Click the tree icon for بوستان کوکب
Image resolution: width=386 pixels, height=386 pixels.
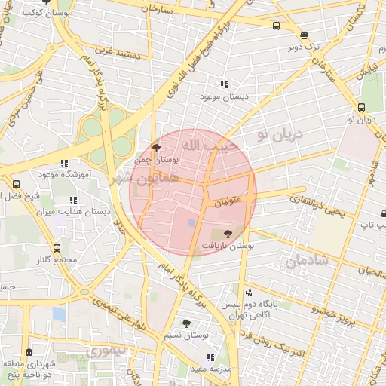tap(47, 3)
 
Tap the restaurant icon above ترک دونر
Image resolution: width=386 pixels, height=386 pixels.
tap(304, 35)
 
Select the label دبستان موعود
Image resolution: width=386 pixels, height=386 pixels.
tap(224, 97)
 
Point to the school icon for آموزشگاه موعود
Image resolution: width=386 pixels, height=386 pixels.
tap(64, 162)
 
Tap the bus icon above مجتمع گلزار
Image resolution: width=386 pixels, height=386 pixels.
tap(57, 247)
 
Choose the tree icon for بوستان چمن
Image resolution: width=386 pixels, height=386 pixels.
tap(156, 148)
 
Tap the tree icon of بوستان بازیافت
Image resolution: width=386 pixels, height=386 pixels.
tap(228, 234)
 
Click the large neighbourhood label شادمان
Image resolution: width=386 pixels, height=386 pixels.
tap(307, 262)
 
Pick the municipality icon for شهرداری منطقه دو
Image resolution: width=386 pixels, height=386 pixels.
tap(29, 353)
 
